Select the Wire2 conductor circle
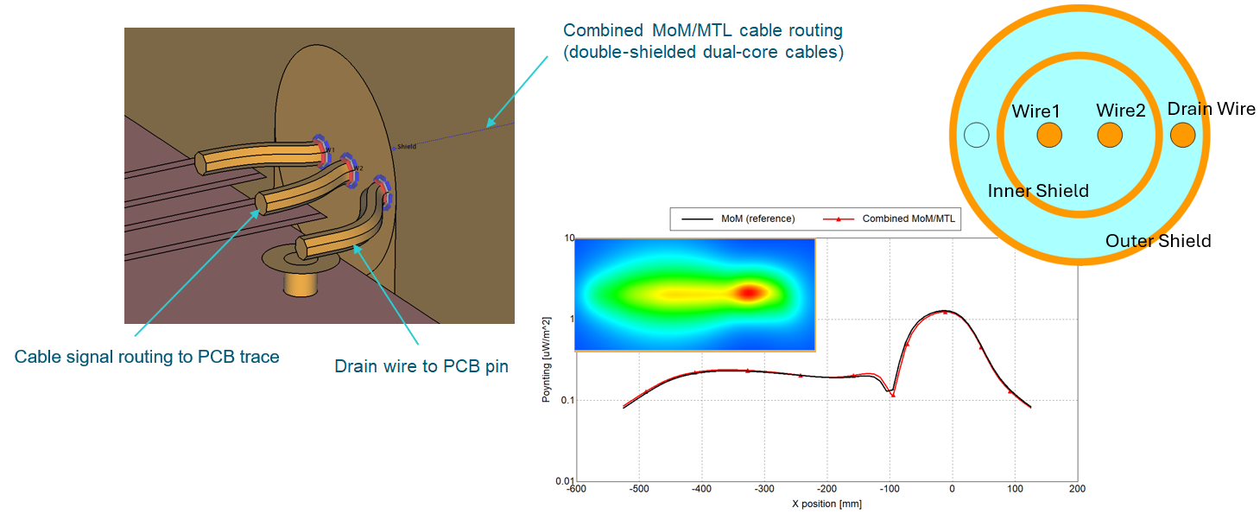[x=1110, y=136]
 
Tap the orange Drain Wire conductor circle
[x=1183, y=135]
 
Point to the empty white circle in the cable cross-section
[x=976, y=135]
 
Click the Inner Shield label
[x=1038, y=191]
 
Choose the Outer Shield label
[x=1158, y=241]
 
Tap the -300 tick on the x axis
[x=764, y=489]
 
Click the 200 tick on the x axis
[x=1077, y=489]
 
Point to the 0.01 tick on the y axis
[x=565, y=481]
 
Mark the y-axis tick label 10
[x=568, y=238]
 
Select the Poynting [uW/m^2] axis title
[x=547, y=359]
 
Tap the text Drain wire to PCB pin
[x=421, y=366]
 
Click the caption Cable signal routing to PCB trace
[x=147, y=357]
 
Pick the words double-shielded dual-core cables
[x=703, y=52]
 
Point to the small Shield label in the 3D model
[x=407, y=147]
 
